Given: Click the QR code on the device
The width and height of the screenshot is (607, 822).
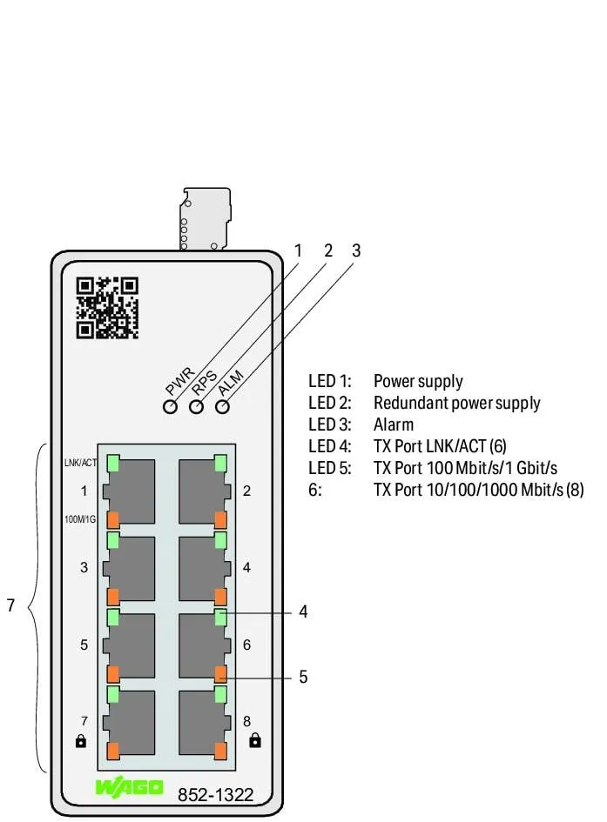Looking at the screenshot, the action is click(x=107, y=308).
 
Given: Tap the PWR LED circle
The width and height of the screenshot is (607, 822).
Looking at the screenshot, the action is click(x=170, y=407).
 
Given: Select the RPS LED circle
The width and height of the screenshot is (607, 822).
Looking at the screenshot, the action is click(x=196, y=407).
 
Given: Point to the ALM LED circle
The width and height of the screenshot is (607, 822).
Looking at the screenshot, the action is click(x=222, y=407).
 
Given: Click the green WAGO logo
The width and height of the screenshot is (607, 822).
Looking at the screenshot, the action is click(x=129, y=787).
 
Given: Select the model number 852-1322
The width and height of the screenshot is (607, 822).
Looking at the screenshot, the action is click(x=216, y=795).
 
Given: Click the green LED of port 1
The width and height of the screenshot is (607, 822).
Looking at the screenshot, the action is click(x=113, y=464).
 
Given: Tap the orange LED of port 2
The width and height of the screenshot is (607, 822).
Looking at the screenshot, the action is click(x=221, y=519).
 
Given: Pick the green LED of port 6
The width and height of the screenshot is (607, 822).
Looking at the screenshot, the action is click(x=221, y=618).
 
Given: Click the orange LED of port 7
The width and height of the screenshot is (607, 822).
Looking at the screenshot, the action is click(x=113, y=751).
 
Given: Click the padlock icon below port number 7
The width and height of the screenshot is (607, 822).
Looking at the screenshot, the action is click(x=81, y=741).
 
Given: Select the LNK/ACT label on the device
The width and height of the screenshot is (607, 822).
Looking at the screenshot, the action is click(x=80, y=463).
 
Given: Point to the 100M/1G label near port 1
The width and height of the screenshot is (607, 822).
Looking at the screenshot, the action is click(x=80, y=519).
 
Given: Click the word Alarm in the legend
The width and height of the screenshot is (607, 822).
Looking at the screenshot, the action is click(x=394, y=424).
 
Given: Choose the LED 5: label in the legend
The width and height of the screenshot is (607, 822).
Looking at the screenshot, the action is click(x=329, y=468).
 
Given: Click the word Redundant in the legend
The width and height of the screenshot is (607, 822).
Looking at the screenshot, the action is click(x=411, y=403).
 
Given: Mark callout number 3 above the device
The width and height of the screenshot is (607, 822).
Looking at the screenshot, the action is click(x=356, y=251).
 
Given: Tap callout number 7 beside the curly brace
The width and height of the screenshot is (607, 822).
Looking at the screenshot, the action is click(x=10, y=605).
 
